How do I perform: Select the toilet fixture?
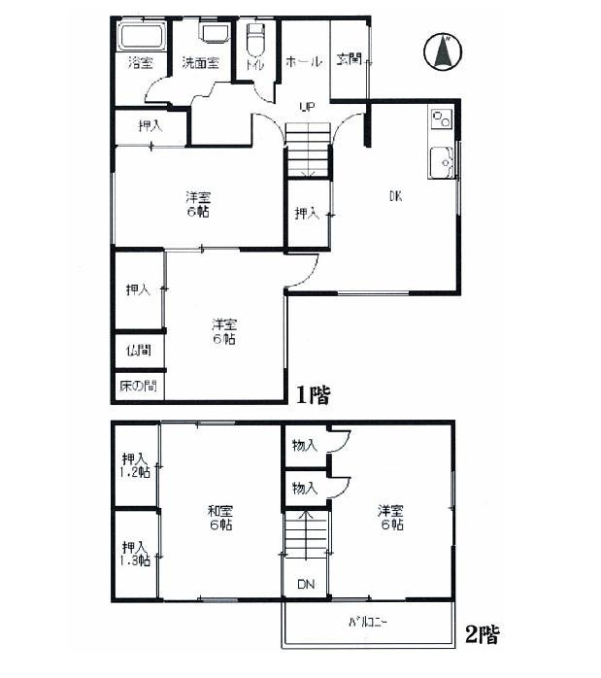255,42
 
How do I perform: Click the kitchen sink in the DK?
442,161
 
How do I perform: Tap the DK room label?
395,197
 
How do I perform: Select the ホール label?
303,62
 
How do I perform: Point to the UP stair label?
307,107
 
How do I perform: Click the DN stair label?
304,585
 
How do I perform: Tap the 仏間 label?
136,350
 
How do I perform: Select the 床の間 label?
137,386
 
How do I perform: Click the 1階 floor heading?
313,394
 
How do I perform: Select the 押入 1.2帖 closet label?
135,465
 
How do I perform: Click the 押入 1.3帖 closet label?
135,553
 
